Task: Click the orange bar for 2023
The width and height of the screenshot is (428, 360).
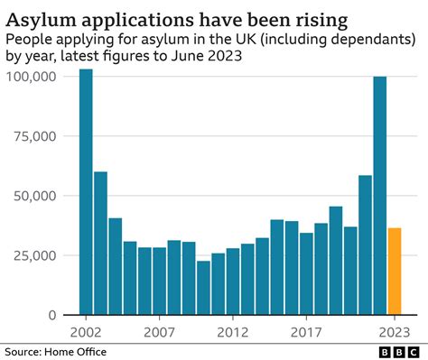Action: coord(395,272)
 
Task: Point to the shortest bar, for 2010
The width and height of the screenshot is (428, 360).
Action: coord(203,288)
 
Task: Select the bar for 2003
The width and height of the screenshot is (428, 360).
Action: coord(100,243)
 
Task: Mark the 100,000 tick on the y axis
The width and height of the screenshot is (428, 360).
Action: coord(32,77)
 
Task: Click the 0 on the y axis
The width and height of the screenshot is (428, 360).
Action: coord(52,315)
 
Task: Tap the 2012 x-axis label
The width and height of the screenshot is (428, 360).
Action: coord(233,330)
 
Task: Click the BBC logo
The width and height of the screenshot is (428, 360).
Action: coord(398,352)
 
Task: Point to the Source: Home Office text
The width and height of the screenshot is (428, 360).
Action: coord(54,352)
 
